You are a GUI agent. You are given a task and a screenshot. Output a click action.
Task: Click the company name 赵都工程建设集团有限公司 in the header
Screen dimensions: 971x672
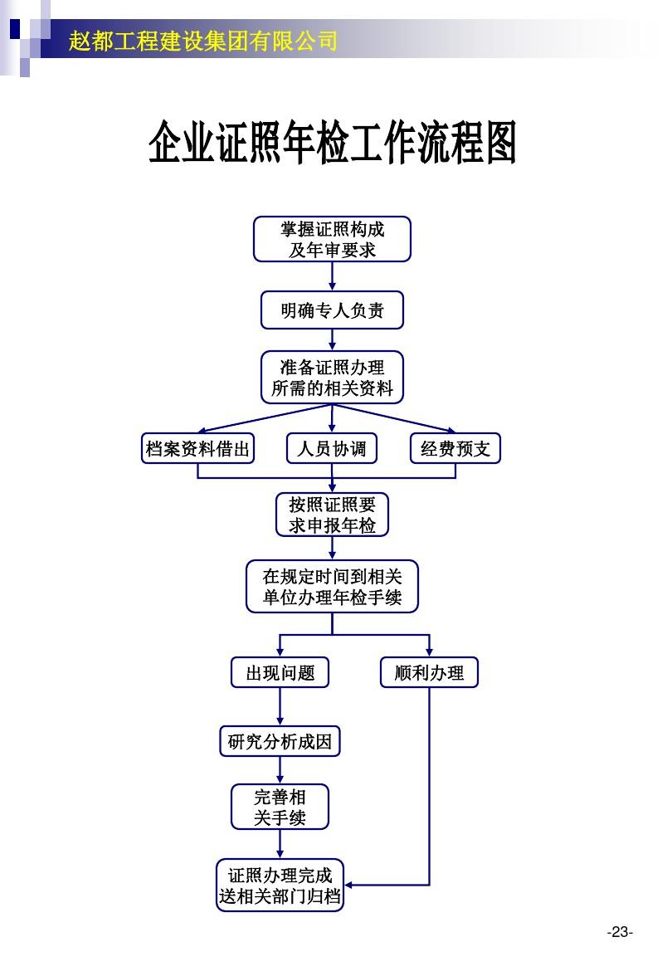(x=203, y=39)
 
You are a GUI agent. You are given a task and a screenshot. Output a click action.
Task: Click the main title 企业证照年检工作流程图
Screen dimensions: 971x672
(x=333, y=144)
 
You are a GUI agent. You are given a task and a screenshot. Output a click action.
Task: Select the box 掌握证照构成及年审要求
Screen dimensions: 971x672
(x=332, y=239)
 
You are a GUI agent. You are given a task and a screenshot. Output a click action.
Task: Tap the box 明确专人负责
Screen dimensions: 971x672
(x=332, y=310)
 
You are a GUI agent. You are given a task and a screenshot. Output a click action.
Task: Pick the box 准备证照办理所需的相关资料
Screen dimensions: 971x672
(x=332, y=377)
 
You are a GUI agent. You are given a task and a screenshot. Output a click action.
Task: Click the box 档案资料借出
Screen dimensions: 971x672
(x=197, y=449)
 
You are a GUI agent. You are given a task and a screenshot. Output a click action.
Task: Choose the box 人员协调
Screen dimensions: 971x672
(x=332, y=449)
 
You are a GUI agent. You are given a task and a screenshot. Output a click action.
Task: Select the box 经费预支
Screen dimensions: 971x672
(x=455, y=449)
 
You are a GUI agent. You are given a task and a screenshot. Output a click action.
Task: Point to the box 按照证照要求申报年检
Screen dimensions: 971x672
(x=332, y=515)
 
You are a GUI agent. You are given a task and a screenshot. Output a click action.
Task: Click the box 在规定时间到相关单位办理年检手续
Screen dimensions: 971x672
(x=332, y=587)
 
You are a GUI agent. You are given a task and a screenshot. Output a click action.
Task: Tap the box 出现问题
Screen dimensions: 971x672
(x=280, y=672)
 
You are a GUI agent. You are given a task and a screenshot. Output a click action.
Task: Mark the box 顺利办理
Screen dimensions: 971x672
(x=429, y=672)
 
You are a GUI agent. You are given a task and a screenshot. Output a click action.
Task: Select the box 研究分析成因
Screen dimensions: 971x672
(x=280, y=741)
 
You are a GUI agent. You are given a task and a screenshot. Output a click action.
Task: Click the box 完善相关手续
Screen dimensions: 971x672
(x=280, y=807)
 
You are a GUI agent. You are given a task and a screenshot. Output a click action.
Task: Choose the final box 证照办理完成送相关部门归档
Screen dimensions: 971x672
(x=280, y=886)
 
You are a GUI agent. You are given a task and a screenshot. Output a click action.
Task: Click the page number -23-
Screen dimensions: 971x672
(x=619, y=932)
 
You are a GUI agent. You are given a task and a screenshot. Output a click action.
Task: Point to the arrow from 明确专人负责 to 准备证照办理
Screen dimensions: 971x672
(x=332, y=339)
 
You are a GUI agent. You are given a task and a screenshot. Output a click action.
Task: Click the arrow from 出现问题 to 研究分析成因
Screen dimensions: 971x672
(x=280, y=706)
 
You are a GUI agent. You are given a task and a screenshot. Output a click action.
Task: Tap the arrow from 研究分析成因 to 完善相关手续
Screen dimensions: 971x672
(x=280, y=770)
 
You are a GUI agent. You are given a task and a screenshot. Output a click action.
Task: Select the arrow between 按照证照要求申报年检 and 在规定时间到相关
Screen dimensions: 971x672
(x=332, y=548)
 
